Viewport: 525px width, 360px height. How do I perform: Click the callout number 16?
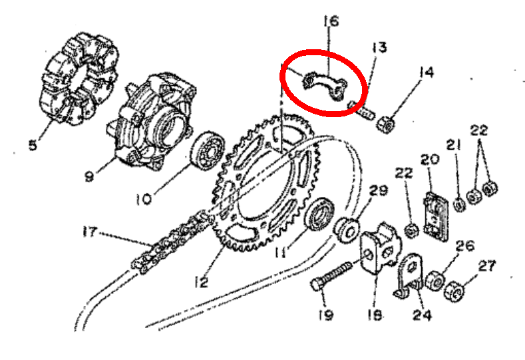tap(331, 21)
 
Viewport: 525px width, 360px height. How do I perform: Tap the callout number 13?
tap(379, 47)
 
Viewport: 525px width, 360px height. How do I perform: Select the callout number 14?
tap(427, 73)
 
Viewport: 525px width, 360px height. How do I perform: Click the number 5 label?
tap(33, 145)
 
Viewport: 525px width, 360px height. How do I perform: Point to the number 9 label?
tap(89, 176)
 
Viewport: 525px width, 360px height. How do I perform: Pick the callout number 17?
tap(90, 232)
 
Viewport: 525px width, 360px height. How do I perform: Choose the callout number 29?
tap(379, 190)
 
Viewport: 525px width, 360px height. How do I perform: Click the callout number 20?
tap(430, 160)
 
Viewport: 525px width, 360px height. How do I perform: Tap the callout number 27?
tap(487, 266)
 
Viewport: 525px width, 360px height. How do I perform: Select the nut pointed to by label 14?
tap(385, 124)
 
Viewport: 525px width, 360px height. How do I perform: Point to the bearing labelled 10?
tap(207, 151)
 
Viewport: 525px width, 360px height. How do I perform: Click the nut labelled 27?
tap(454, 291)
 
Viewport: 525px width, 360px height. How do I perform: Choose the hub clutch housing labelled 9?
tap(152, 120)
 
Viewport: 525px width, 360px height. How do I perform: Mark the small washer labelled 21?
tap(459, 204)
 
